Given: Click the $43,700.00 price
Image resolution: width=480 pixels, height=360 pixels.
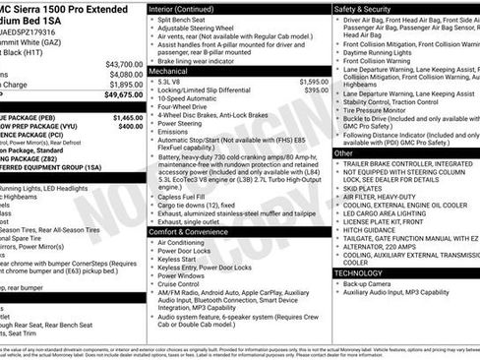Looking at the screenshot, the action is [123, 63].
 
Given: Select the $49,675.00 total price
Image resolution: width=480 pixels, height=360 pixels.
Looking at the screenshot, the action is [123, 95].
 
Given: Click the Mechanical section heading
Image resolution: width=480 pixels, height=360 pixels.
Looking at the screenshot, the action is [168, 72].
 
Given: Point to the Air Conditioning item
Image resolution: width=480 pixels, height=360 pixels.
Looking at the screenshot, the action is [187, 242].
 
